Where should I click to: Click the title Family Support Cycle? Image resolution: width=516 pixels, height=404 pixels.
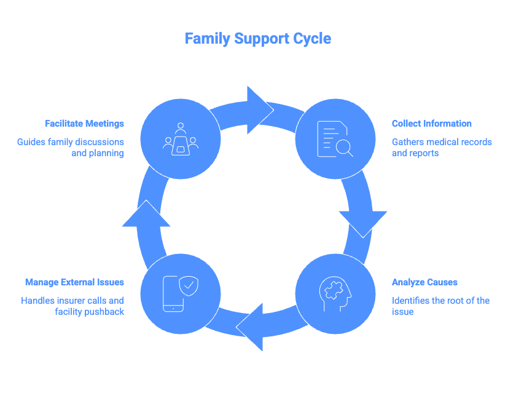258,39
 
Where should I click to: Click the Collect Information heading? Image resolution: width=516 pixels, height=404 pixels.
432,124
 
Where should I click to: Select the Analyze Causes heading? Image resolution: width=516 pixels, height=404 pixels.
424,282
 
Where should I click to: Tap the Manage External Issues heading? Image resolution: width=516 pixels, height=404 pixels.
74,282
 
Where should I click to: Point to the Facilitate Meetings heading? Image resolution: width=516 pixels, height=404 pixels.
84,124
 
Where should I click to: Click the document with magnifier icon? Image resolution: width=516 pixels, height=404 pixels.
335,140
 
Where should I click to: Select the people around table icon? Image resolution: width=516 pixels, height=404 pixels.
180,140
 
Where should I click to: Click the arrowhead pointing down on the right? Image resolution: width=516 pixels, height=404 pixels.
362,222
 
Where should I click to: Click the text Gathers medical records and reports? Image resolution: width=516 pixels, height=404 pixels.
441,148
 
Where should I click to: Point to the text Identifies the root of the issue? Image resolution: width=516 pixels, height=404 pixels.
440,306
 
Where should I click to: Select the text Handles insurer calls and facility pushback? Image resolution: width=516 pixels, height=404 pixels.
72,306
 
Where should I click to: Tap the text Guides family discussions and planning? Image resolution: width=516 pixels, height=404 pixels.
71,148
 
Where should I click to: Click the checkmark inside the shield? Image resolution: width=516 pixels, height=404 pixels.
190,285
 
